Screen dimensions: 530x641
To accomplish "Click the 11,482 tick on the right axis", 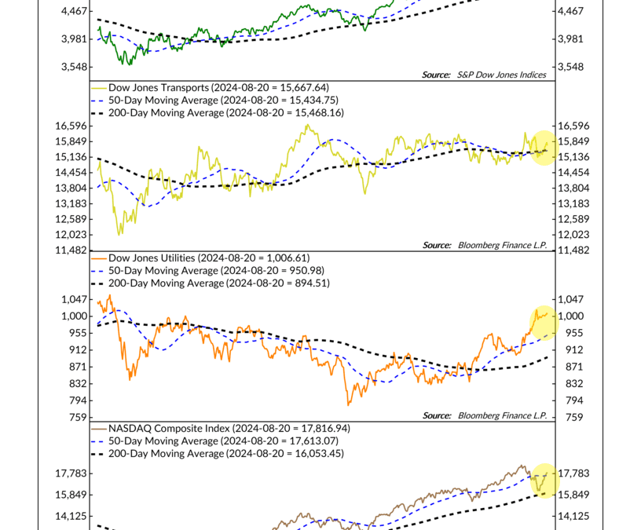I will pyautogui.click(x=571, y=250).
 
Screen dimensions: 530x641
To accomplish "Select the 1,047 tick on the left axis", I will pyautogui.click(x=74, y=299).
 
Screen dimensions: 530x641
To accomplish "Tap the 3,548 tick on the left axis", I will pyautogui.click(x=74, y=67).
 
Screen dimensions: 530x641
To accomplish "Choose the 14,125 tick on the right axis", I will pyautogui.click(x=573, y=517).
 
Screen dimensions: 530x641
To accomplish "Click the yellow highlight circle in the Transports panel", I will pyautogui.click(x=543, y=147).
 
